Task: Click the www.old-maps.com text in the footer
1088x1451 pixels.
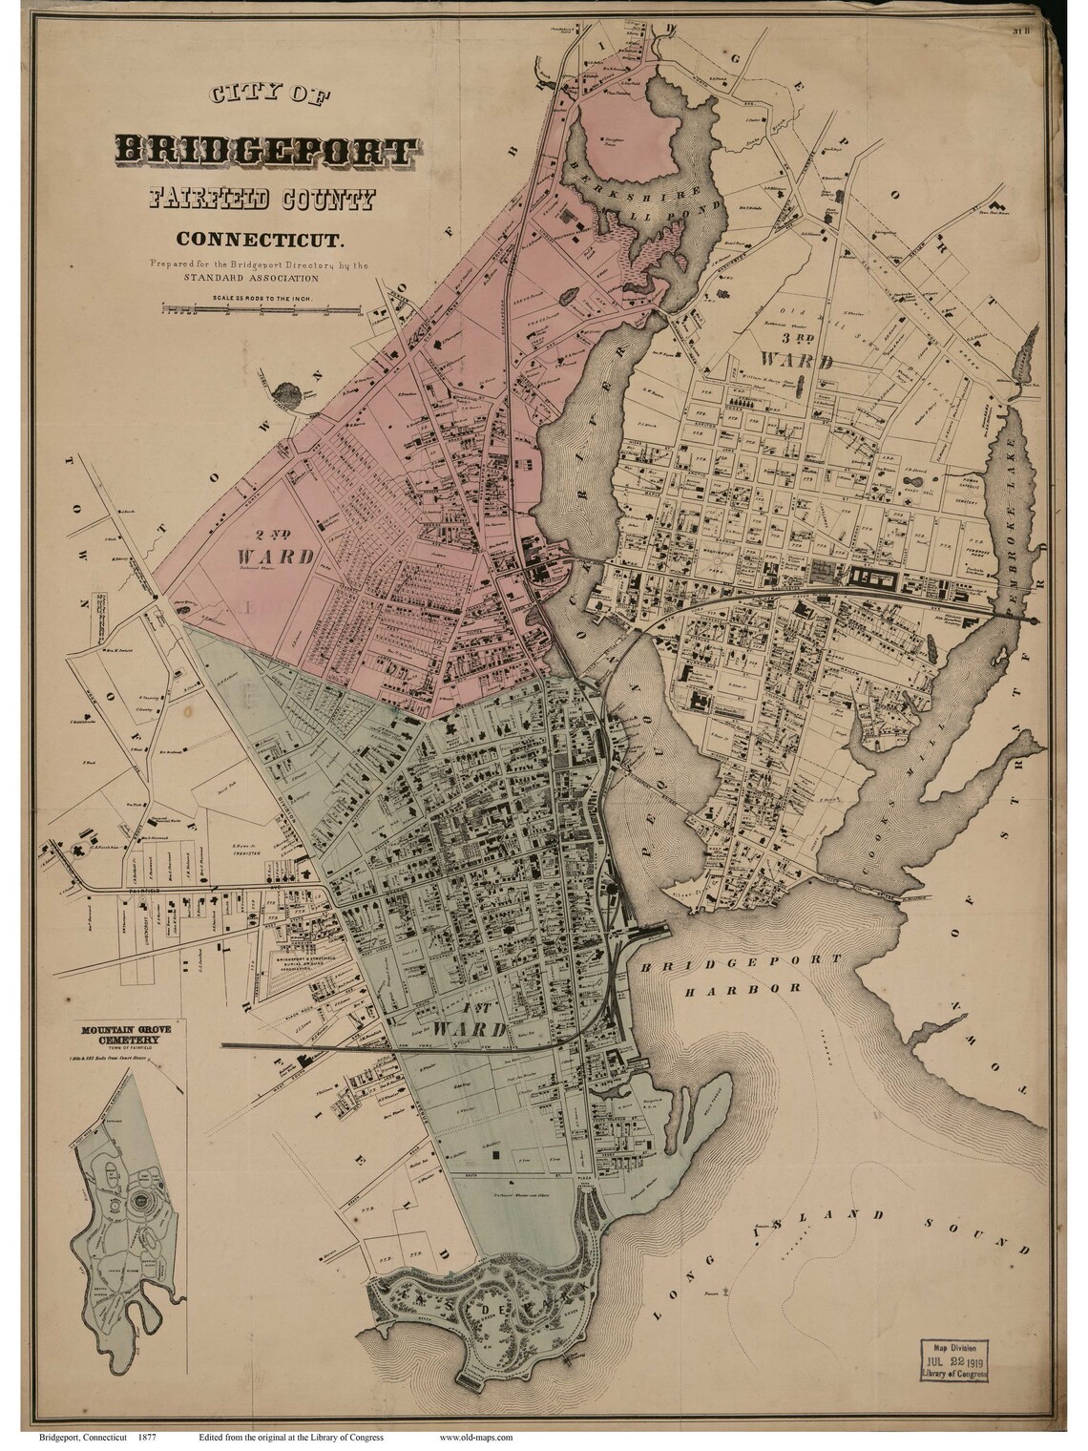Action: point(476,1436)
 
